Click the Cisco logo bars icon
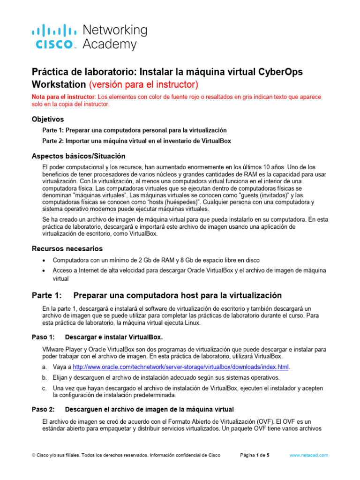(53, 31)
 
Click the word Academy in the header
(110, 45)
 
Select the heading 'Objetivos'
(48, 119)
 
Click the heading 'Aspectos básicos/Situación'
(78, 156)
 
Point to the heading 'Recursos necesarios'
(67, 248)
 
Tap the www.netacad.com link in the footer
(309, 455)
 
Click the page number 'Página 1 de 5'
(255, 455)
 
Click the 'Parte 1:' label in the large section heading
(46, 295)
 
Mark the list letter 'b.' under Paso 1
(45, 377)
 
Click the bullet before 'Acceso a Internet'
(44, 271)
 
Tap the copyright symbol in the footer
(33, 455)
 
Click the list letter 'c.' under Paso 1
(45, 388)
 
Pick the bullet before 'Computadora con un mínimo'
(44, 260)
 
